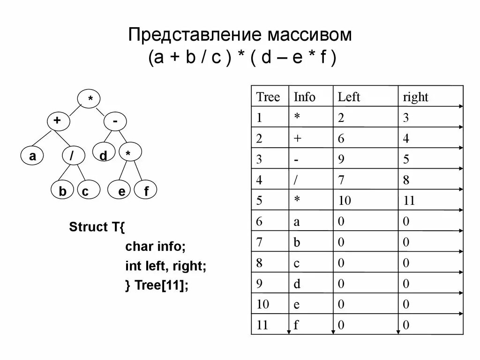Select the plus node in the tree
point(58,121)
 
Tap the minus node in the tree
point(115,121)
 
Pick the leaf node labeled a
point(32,156)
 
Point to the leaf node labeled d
point(104,155)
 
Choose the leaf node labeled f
point(145,191)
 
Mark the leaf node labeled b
point(62,191)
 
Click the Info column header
point(305,97)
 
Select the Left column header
point(349,97)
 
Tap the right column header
point(416,97)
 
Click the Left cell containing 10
point(345,201)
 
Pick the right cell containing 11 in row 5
point(409,201)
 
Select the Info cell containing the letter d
point(297,284)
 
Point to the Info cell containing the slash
point(297,180)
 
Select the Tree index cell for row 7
point(259,242)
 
